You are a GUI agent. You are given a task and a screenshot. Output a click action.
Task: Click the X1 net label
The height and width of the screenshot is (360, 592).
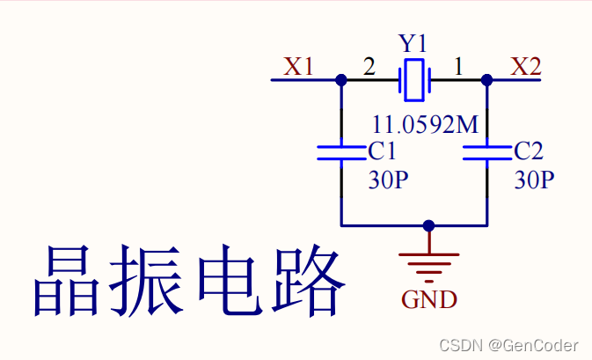[x=298, y=67]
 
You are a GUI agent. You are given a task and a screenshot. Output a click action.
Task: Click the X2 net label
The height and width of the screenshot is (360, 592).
[x=526, y=67]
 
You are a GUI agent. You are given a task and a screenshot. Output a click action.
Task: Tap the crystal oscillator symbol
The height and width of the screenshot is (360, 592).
[x=413, y=79]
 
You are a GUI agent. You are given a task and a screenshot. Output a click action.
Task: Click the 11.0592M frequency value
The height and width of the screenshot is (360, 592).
[x=425, y=124]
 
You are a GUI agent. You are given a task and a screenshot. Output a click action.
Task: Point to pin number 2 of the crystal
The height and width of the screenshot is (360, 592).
[x=369, y=66]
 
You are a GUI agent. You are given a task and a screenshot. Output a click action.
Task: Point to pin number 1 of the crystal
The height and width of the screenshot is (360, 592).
[x=457, y=66]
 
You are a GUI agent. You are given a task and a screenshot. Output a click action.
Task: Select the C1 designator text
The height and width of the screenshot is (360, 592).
[x=383, y=151]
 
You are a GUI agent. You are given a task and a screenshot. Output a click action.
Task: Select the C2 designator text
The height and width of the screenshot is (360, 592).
[x=529, y=151]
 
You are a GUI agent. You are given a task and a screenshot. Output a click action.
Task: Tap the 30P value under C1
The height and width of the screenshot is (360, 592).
[x=388, y=180]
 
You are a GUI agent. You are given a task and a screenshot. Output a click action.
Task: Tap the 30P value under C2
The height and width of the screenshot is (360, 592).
[x=534, y=180]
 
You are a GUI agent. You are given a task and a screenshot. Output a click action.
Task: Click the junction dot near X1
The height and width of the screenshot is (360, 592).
[x=340, y=79]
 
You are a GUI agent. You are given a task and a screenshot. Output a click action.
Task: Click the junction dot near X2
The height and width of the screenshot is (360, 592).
[x=486, y=79]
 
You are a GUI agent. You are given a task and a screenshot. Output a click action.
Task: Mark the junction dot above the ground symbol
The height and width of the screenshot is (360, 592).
[x=428, y=225]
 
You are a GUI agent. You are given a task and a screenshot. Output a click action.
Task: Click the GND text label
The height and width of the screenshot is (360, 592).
[x=429, y=299]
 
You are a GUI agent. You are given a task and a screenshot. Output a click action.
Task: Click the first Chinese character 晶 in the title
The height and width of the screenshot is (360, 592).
[x=67, y=282]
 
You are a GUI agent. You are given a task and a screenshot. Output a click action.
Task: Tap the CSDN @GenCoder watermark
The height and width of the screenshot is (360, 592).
[x=508, y=344]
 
